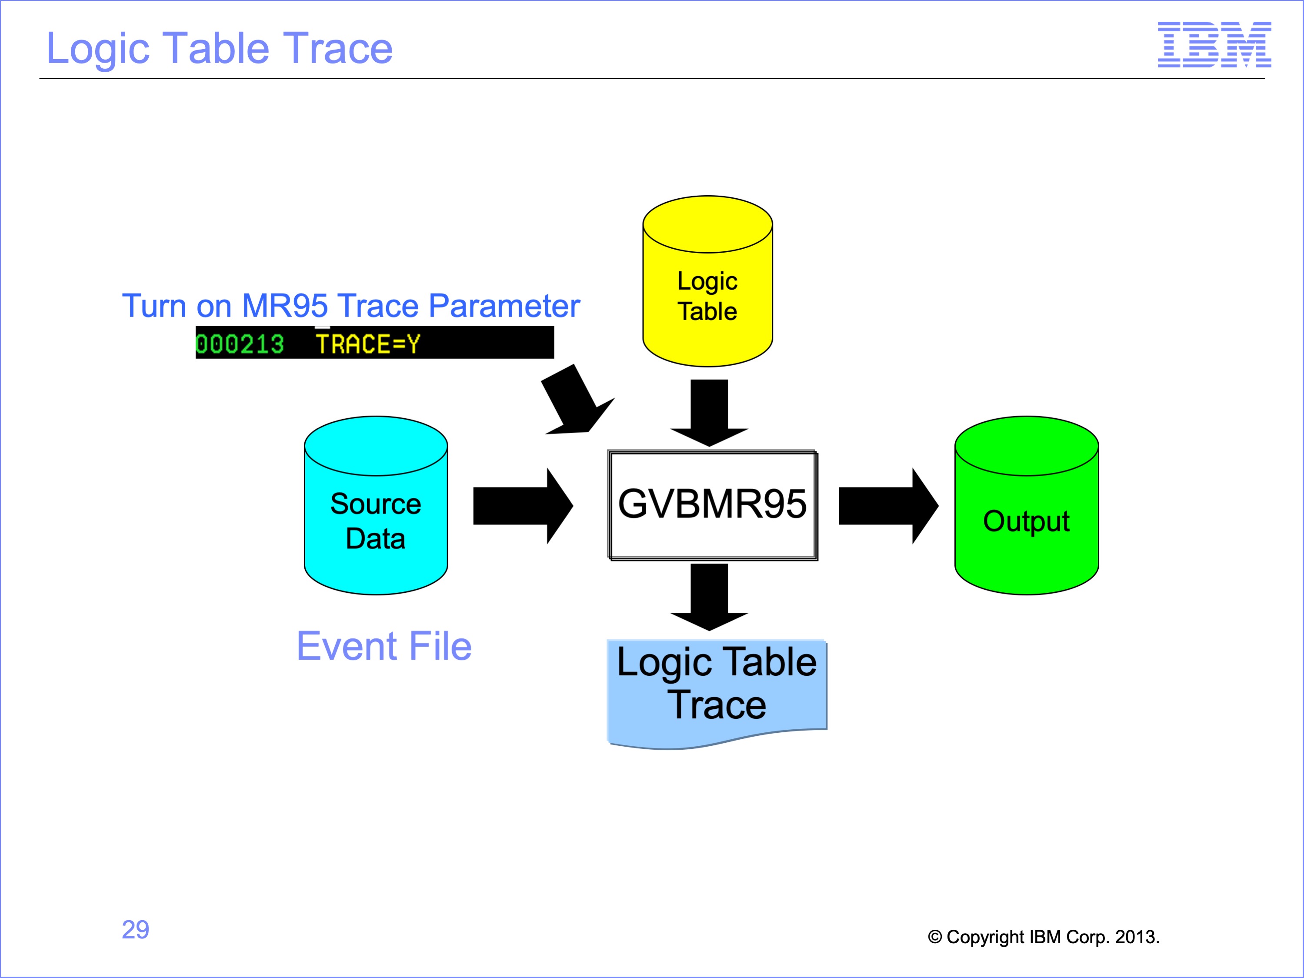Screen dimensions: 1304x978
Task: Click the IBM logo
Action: pyautogui.click(x=1214, y=44)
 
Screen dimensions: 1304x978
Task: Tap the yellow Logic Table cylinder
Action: pyautogui.click(x=707, y=281)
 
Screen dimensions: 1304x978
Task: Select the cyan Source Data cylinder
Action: pyautogui.click(x=376, y=505)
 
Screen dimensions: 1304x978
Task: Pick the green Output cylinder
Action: pyautogui.click(x=1026, y=505)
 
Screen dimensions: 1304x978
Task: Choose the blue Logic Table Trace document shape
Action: pyautogui.click(x=717, y=694)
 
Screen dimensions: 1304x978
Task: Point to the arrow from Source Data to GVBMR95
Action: pyautogui.click(x=523, y=506)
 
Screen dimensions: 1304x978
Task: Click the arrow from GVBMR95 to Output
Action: pyautogui.click(x=888, y=506)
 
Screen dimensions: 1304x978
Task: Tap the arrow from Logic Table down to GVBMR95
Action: pyautogui.click(x=709, y=413)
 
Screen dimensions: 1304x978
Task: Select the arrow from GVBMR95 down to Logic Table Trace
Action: pyautogui.click(x=709, y=597)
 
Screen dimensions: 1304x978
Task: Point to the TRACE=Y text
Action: pyautogui.click(x=368, y=344)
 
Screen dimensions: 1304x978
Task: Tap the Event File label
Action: pyautogui.click(x=384, y=646)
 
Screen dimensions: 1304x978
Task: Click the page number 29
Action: pyautogui.click(x=136, y=930)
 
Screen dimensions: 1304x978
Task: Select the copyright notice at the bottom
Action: pyautogui.click(x=1044, y=937)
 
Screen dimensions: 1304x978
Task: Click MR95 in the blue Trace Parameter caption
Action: pyautogui.click(x=285, y=306)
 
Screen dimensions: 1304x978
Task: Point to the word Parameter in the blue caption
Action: pyautogui.click(x=505, y=306)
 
